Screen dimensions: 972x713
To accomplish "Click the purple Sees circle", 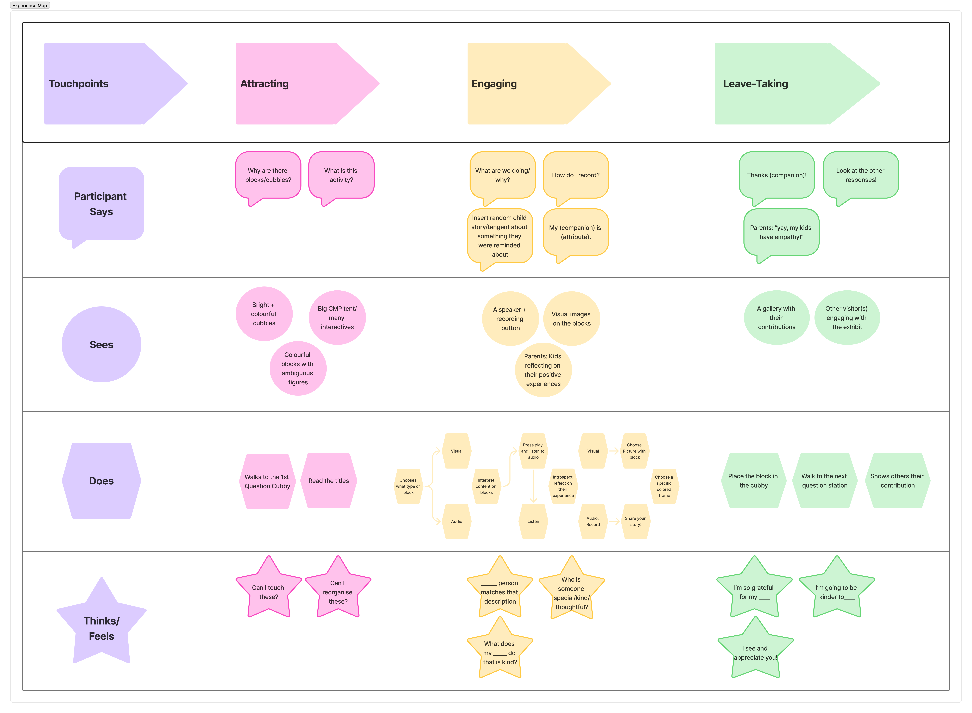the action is coord(101,344).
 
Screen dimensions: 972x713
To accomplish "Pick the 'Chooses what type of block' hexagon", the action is coord(408,486).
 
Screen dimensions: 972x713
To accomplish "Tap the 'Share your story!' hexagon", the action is coord(635,521).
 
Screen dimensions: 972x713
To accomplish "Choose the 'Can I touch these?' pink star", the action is coord(268,589).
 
